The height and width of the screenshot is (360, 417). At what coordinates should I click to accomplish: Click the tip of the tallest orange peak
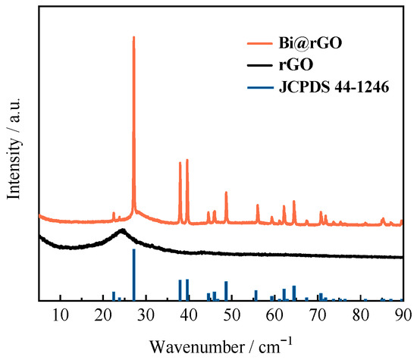pyautogui.click(x=134, y=37)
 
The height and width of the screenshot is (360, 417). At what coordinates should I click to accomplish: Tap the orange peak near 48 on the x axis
pyautogui.click(x=226, y=193)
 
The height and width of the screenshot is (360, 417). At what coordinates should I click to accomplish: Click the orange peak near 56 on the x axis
pyautogui.click(x=257, y=205)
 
